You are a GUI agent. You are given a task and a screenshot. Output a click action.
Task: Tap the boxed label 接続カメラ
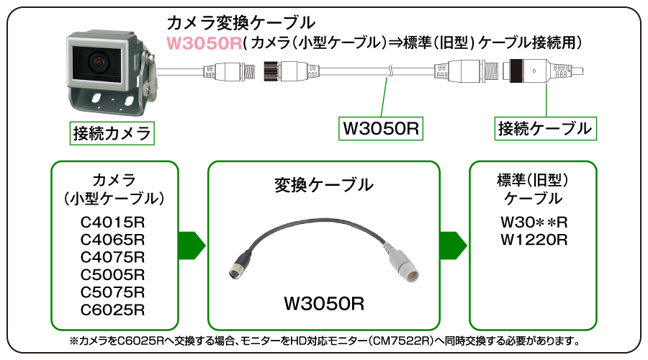[113, 132]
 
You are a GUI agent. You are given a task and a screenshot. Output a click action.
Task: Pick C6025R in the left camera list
[114, 310]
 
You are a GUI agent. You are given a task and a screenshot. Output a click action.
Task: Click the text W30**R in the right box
[534, 221]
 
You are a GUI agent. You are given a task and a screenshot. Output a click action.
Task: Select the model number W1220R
[534, 238]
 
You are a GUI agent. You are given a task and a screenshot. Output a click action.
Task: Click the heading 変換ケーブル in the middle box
[323, 184]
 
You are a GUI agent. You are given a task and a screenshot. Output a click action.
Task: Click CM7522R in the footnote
[402, 340]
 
